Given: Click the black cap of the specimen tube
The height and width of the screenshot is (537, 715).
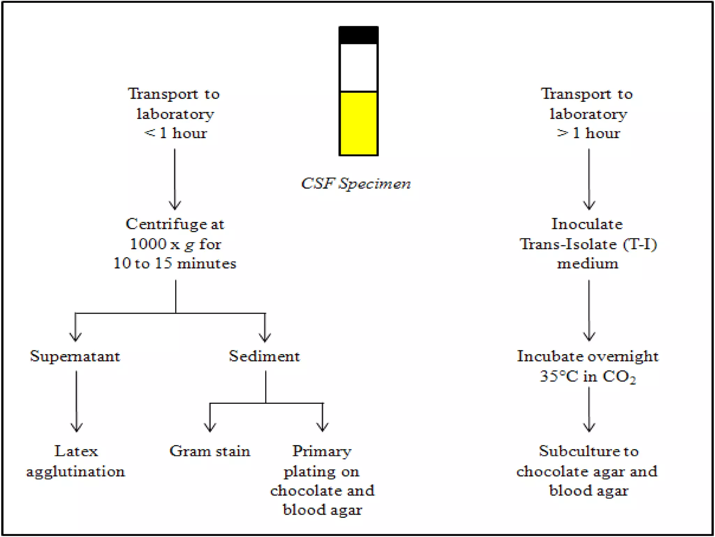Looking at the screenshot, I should (x=358, y=35).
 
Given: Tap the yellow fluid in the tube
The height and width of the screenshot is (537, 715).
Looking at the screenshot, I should (x=358, y=123).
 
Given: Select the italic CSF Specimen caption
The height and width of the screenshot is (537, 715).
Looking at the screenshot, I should (x=356, y=184).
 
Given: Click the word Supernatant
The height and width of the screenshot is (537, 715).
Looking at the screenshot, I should (x=75, y=356).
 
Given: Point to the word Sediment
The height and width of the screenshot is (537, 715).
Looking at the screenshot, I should (x=264, y=356).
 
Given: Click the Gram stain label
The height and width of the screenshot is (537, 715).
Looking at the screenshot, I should (x=210, y=451).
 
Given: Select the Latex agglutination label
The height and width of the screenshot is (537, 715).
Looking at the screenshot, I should (x=76, y=461).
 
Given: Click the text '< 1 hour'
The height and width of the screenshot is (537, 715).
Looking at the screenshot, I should (x=176, y=133).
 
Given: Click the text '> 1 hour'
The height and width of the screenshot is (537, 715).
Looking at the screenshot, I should (x=588, y=133).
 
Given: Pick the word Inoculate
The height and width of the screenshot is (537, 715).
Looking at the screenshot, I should (x=587, y=224).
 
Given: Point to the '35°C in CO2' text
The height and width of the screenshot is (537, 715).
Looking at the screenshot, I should (x=588, y=377).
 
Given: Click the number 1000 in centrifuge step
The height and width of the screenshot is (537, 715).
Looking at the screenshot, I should (x=148, y=244).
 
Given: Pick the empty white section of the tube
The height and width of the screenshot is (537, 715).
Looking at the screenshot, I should (x=358, y=67).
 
